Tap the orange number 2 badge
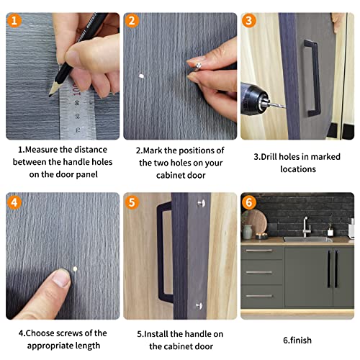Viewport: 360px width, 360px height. click(132, 21)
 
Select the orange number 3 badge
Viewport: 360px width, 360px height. click(249, 21)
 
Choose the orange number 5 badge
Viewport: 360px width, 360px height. click(132, 202)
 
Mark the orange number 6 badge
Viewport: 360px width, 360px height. click(249, 202)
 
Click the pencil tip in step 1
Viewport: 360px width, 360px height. click(52, 94)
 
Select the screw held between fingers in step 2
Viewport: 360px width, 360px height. click(192, 64)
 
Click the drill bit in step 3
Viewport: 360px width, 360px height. click(277, 106)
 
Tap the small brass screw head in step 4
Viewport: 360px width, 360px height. click(74, 269)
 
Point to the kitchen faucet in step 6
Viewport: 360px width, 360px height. click(306, 226)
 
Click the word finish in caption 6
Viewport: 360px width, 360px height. click(303, 338)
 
